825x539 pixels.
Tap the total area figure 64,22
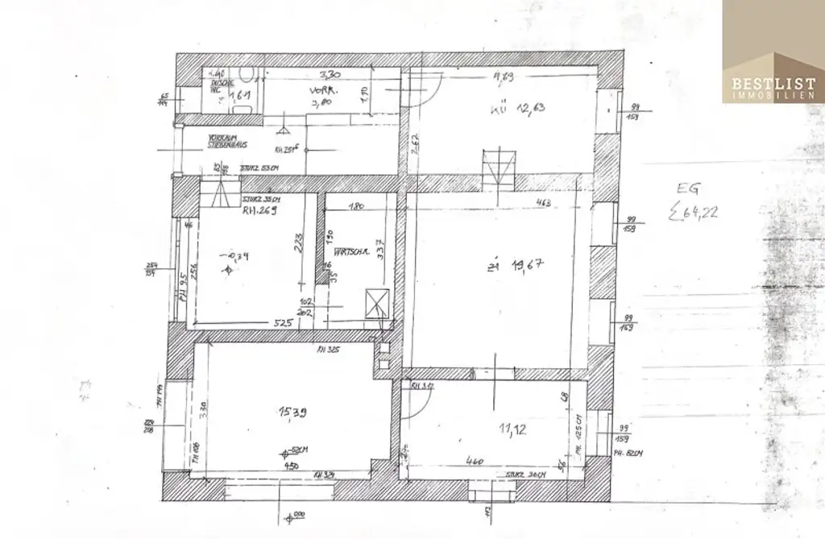pos(698,213)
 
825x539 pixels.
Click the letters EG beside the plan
pos(689,189)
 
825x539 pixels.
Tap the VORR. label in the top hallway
pos(322,90)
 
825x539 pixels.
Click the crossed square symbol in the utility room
pos(376,304)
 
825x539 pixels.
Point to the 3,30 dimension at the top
pos(330,74)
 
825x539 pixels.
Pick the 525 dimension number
pos(280,322)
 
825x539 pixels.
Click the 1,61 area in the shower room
pos(242,96)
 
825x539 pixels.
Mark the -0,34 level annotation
pos(239,257)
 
